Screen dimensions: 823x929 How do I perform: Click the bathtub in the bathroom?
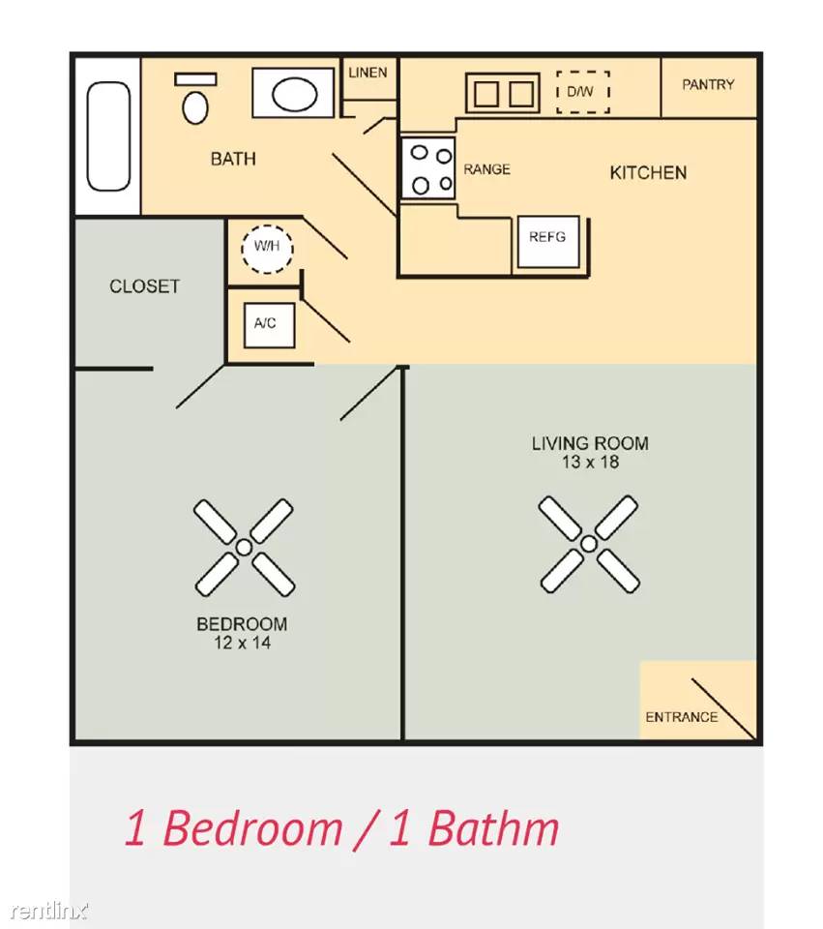[x=108, y=136]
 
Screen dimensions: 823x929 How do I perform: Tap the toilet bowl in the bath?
[x=195, y=107]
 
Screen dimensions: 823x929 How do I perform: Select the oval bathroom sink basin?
[x=294, y=94]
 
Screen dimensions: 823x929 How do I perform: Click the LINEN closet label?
[x=367, y=73]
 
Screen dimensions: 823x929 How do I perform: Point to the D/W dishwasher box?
[x=582, y=92]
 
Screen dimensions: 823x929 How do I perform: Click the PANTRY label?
[x=708, y=85]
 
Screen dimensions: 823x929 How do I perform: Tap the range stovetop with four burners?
[x=428, y=168]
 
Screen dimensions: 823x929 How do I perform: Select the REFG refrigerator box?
[x=548, y=242]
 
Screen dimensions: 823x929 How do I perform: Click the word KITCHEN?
[x=648, y=173]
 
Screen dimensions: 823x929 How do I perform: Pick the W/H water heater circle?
[x=267, y=249]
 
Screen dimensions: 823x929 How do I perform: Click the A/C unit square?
[x=270, y=325]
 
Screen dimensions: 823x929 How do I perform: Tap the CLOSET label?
[x=144, y=286]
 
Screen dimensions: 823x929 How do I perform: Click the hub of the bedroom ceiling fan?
[x=244, y=548]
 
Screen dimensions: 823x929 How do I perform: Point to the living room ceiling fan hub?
[x=589, y=544]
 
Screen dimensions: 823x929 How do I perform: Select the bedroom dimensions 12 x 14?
[x=243, y=643]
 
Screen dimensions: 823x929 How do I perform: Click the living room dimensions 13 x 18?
[x=590, y=463]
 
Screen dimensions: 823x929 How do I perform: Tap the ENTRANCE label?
[x=682, y=717]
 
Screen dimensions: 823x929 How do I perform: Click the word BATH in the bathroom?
[x=233, y=159]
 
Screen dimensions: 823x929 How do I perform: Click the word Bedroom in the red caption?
[x=252, y=827]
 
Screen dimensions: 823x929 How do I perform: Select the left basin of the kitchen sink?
[x=486, y=94]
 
